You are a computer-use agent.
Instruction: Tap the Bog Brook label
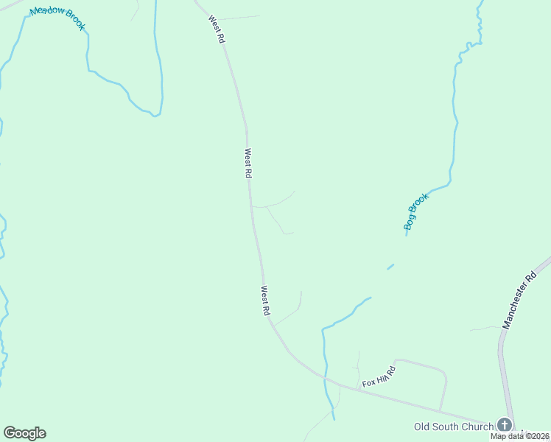tap(416, 212)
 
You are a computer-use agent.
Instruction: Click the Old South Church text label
tap(454, 427)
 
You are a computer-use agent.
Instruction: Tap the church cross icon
tap(505, 425)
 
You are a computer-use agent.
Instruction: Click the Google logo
tap(24, 433)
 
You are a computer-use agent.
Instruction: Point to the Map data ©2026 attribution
tap(520, 436)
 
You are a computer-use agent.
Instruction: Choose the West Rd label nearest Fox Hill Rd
tap(264, 301)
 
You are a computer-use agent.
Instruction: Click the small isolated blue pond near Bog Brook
tap(390, 267)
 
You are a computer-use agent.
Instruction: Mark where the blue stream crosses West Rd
tap(324, 377)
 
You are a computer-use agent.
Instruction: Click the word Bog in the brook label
tap(410, 222)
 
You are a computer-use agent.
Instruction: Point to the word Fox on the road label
tap(368, 383)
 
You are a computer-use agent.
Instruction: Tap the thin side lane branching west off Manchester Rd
tap(485, 328)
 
